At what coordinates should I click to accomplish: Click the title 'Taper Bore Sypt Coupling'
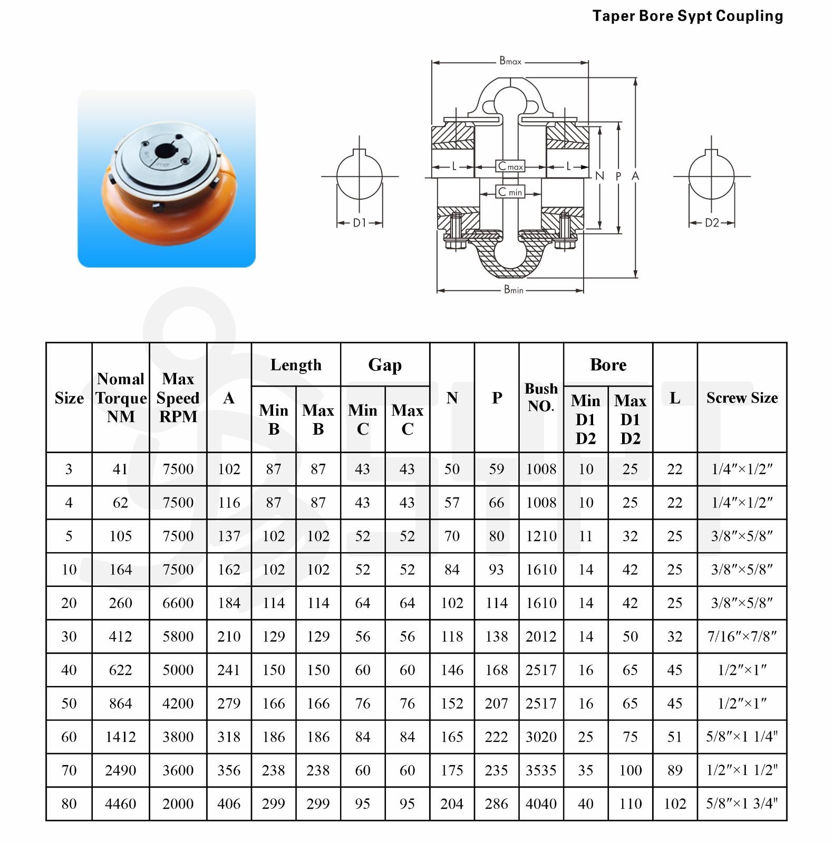click(687, 16)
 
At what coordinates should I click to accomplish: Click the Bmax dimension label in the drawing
click(510, 61)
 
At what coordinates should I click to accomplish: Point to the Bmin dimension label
click(514, 289)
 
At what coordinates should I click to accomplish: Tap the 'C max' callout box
click(510, 166)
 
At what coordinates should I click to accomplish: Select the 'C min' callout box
click(510, 192)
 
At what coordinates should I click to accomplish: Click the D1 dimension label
click(360, 223)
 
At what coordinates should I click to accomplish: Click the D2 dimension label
click(712, 223)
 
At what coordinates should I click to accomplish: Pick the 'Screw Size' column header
click(742, 398)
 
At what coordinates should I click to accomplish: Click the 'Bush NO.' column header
click(541, 397)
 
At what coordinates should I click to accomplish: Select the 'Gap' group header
click(385, 365)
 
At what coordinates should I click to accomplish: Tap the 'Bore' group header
click(608, 365)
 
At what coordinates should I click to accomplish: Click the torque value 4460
click(121, 803)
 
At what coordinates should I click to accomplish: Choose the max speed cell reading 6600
click(178, 603)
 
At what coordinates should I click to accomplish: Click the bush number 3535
click(541, 770)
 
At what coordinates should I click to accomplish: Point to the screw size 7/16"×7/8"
click(742, 636)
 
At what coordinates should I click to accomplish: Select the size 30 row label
click(69, 636)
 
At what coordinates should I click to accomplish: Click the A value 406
click(229, 803)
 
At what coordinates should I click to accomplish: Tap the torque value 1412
click(121, 737)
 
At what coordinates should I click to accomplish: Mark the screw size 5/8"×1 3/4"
click(742, 803)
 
